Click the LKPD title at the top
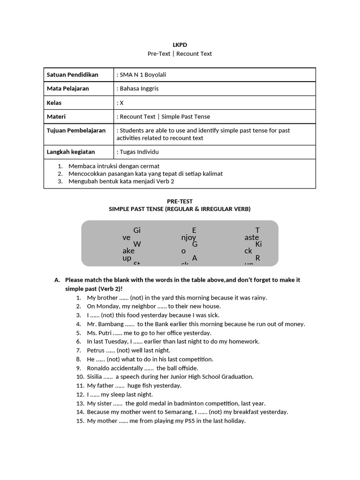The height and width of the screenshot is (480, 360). (x=180, y=45)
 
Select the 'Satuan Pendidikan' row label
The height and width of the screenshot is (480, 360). (x=72, y=75)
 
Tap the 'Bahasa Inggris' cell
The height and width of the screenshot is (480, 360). (x=138, y=89)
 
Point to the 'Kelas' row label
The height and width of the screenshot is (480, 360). (x=54, y=103)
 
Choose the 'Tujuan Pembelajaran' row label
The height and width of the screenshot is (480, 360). (x=76, y=130)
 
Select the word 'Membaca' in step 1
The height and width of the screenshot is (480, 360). (x=82, y=166)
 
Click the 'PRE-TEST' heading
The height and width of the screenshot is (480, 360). (x=180, y=201)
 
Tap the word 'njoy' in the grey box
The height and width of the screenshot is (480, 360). (x=188, y=238)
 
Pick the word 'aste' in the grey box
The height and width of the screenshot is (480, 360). (x=252, y=238)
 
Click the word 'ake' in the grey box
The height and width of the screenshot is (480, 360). (x=128, y=251)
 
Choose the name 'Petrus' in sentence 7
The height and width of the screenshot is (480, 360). (x=96, y=350)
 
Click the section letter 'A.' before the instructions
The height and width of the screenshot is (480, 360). (x=57, y=280)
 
